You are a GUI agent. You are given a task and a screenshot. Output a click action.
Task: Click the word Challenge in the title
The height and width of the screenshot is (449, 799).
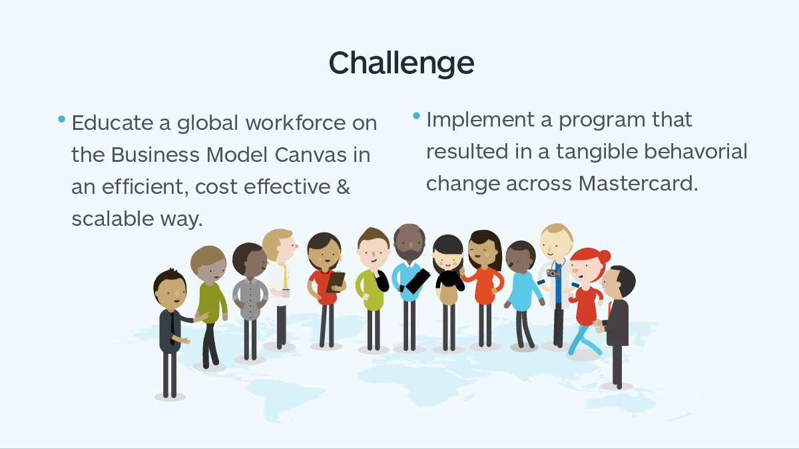(401, 63)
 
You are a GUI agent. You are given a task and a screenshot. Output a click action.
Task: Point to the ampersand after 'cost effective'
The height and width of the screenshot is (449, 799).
(343, 187)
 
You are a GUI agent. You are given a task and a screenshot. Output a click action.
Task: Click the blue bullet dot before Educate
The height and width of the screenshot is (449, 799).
(62, 120)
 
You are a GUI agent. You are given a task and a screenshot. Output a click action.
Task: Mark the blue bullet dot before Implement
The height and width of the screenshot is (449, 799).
(417, 116)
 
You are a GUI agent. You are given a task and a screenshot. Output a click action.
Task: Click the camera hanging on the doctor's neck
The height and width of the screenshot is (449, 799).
(553, 272)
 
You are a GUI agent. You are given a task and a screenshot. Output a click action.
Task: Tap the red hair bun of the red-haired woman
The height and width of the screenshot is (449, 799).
(604, 256)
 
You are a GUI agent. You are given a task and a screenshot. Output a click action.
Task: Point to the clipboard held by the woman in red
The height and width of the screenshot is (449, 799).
(336, 281)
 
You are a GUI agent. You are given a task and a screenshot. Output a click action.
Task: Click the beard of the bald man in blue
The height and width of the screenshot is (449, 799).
(409, 255)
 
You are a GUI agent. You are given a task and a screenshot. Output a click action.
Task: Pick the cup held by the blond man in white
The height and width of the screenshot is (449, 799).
(286, 292)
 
